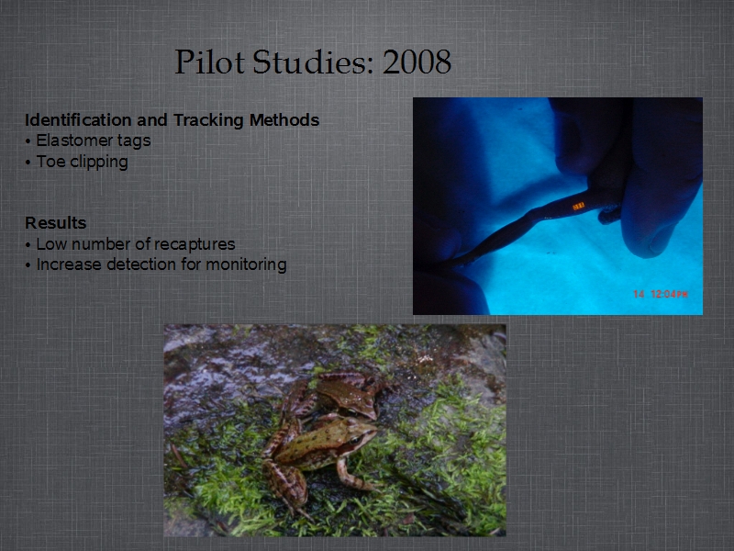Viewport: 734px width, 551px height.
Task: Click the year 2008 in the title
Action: (x=417, y=62)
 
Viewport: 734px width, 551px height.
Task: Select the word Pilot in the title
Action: (x=210, y=62)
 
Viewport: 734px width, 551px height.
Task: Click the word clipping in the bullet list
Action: (x=99, y=163)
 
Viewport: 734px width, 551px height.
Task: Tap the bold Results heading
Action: (x=56, y=223)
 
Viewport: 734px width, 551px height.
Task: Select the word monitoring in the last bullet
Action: (x=246, y=265)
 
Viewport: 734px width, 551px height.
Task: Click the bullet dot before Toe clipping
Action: (x=28, y=163)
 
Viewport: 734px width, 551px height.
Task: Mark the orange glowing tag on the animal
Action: (x=579, y=206)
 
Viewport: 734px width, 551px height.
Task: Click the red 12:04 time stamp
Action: (x=670, y=294)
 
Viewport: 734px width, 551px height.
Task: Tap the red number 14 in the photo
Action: (x=639, y=294)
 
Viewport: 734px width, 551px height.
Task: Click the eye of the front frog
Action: (x=355, y=440)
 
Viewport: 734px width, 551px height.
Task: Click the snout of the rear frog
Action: (x=373, y=412)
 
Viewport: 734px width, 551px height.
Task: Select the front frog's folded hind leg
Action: (x=285, y=483)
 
